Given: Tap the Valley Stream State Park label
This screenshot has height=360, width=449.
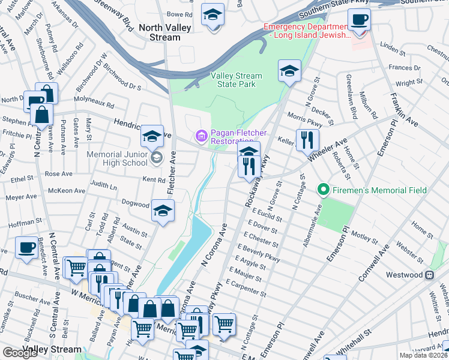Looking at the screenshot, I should [x=236, y=80].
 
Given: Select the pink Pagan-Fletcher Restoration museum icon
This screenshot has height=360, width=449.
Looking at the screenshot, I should [x=201, y=137].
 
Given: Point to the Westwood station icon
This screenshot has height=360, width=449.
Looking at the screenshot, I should [x=429, y=275].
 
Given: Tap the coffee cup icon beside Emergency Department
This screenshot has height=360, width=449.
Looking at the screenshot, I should [x=359, y=19].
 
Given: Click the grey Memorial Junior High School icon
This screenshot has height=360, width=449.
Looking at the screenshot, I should [x=156, y=158].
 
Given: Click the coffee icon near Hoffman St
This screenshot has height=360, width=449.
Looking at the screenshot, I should [x=26, y=248].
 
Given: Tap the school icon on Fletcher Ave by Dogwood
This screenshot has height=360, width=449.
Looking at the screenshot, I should [x=162, y=211].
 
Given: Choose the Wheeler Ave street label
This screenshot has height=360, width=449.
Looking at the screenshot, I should [x=328, y=147].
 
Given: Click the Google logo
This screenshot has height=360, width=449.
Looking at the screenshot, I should [x=20, y=353].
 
